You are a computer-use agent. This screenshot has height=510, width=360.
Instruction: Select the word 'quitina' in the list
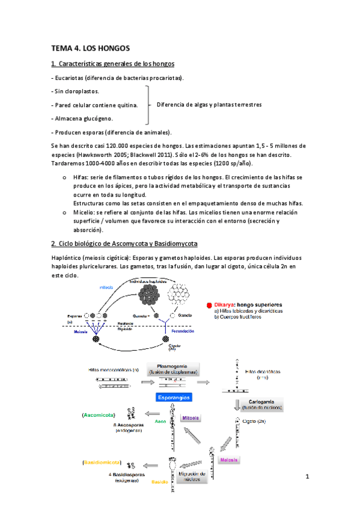coord(126,105)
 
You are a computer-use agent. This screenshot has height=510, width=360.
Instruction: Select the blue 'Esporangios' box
coord(173,398)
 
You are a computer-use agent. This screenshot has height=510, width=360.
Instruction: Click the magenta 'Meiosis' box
coord(228,460)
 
